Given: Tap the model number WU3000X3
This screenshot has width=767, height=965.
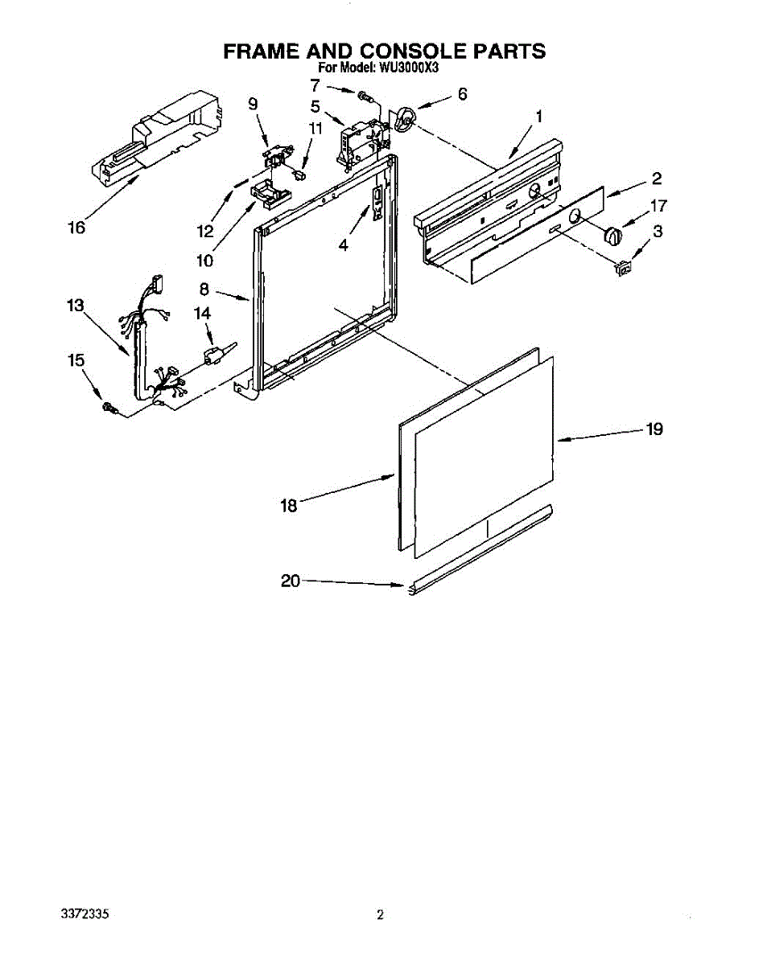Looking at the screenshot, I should point(410,68).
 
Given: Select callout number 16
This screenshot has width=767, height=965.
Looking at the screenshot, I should point(76,228).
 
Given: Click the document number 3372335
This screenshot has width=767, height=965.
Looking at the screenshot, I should point(85,914).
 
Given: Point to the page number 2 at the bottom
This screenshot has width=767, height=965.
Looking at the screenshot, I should point(380,914).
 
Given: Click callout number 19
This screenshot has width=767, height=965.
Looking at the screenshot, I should point(654,429).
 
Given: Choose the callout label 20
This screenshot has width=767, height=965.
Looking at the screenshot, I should point(291,581).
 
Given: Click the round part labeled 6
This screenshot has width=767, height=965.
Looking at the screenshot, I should point(406,120).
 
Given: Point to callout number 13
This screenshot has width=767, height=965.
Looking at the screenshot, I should point(75,306).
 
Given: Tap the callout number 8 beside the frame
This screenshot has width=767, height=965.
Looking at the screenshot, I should point(204,287).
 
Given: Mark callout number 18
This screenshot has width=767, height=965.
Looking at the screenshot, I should point(289,506).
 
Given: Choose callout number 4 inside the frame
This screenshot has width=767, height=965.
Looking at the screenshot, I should point(344,244).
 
